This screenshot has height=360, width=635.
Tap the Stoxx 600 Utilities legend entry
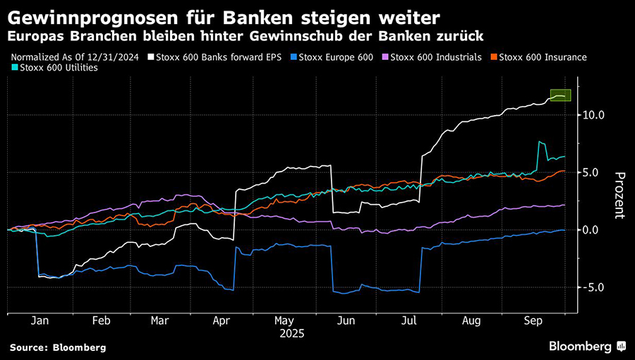[58, 68]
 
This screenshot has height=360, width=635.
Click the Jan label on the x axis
[40, 320]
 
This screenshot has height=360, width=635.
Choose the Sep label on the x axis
[532, 320]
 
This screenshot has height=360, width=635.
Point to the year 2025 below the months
[291, 332]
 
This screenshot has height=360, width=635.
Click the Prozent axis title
[619, 195]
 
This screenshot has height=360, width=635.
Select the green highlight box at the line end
[560, 95]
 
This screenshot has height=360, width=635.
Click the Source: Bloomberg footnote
[58, 347]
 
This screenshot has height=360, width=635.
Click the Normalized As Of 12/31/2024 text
[73, 56]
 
